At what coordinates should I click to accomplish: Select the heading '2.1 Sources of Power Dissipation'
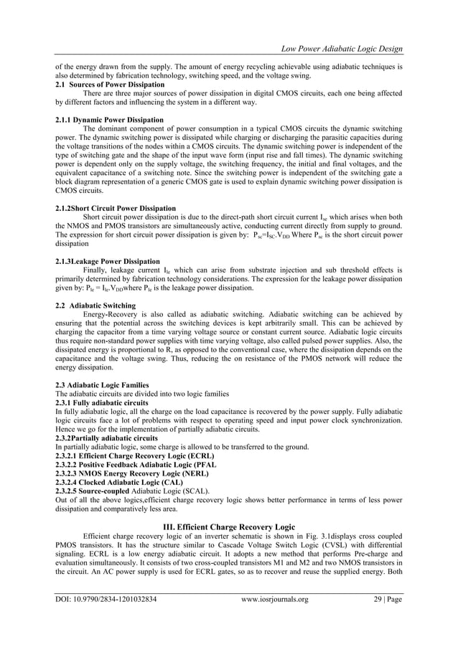pos(106,85)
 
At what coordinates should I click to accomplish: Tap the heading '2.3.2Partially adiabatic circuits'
pos(106,438)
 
